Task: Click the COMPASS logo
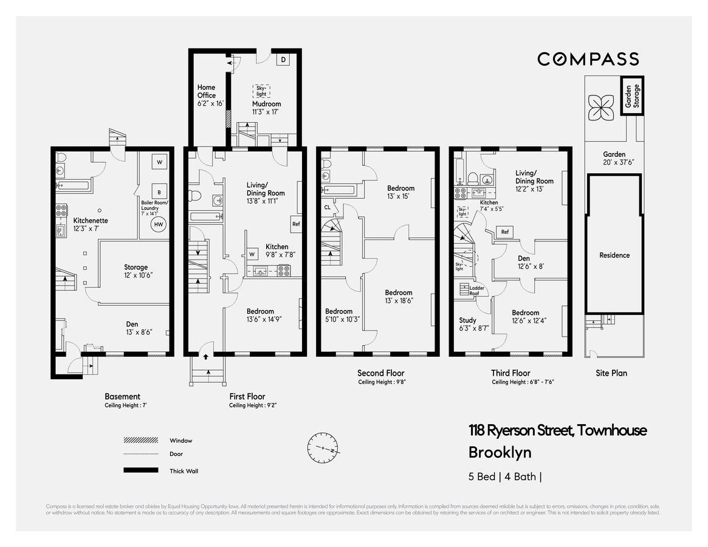(588, 59)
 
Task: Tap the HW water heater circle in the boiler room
(159, 224)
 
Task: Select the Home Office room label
(207, 91)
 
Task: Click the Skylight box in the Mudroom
(261, 91)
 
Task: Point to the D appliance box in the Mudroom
(284, 60)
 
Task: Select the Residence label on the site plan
(614, 255)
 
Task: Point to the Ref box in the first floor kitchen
(296, 224)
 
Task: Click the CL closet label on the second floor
(327, 207)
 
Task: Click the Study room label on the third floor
(468, 320)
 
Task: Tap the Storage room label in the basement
(136, 267)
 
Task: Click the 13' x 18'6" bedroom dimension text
(399, 301)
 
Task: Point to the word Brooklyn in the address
(500, 453)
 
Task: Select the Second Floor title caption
(381, 373)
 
